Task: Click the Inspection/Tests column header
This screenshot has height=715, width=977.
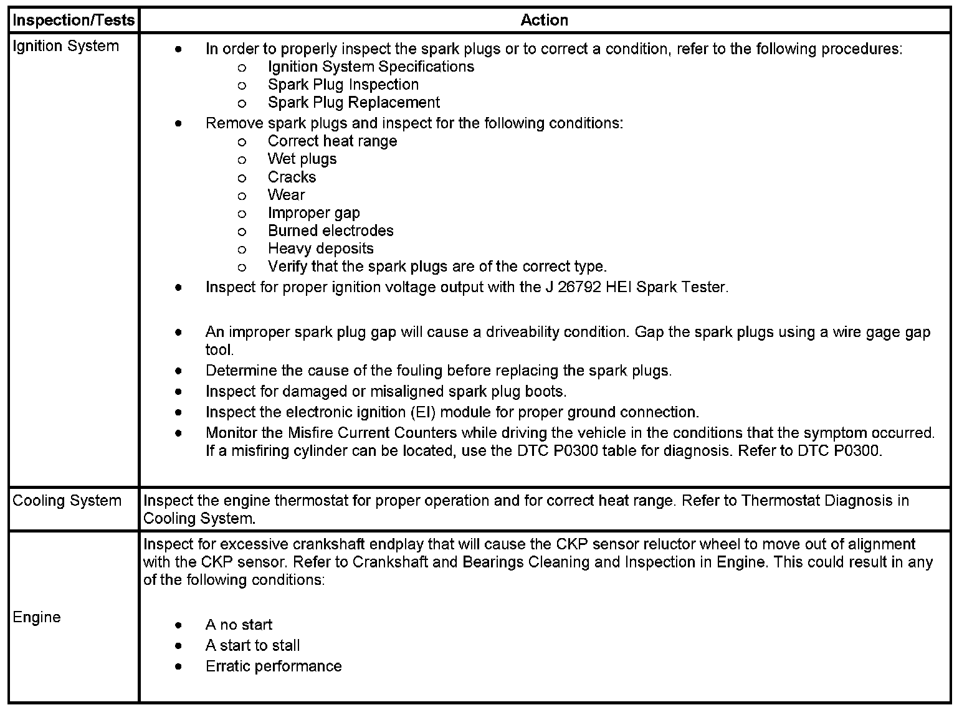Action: point(74,21)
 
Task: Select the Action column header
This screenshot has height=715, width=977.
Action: point(544,21)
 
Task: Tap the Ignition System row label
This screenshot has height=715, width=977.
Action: point(65,47)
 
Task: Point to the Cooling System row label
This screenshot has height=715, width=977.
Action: point(67,501)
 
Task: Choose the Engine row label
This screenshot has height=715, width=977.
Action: point(37,617)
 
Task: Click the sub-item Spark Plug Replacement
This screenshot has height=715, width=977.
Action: point(353,102)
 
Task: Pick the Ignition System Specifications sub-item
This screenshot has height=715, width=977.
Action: point(371,67)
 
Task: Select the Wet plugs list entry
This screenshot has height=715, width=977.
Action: point(302,159)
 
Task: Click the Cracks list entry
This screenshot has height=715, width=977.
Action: point(292,177)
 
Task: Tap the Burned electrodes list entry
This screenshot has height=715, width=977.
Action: point(330,230)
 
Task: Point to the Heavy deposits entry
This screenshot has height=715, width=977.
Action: point(320,249)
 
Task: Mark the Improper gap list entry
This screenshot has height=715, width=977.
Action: point(313,213)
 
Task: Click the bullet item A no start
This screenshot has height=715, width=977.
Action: point(239,625)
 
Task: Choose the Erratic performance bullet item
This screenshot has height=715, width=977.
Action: point(274,666)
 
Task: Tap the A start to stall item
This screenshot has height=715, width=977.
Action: point(252,645)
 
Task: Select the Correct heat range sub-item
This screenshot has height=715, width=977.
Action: point(332,141)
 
